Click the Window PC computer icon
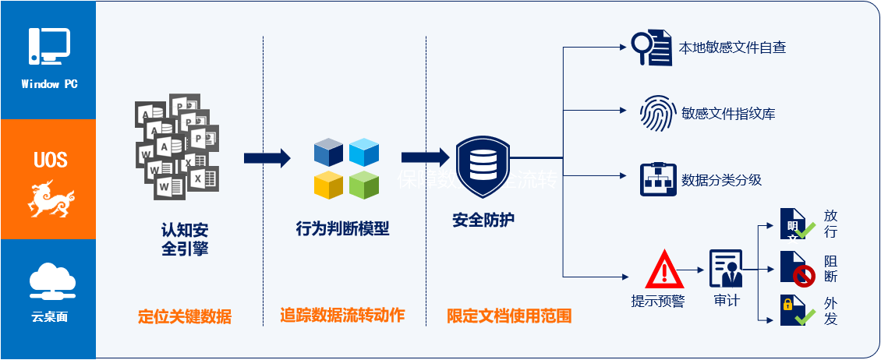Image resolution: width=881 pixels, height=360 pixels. (49, 46)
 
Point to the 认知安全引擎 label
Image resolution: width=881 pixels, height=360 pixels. (185, 239)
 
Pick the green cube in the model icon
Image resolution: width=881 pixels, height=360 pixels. (364, 184)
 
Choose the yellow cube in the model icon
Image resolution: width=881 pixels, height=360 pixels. (328, 185)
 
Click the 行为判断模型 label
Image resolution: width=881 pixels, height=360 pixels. (342, 229)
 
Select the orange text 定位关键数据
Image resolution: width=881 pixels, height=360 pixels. (185, 316)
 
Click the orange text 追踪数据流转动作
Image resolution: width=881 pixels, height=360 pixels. (342, 315)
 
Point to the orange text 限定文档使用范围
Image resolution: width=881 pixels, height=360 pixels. (509, 316)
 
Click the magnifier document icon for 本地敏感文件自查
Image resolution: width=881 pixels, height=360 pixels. (652, 48)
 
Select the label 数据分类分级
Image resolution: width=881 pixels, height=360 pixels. (721, 180)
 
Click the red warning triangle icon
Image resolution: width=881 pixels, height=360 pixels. (664, 270)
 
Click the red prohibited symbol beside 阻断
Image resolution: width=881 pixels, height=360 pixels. (805, 275)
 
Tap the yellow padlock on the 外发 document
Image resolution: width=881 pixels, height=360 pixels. (788, 305)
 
